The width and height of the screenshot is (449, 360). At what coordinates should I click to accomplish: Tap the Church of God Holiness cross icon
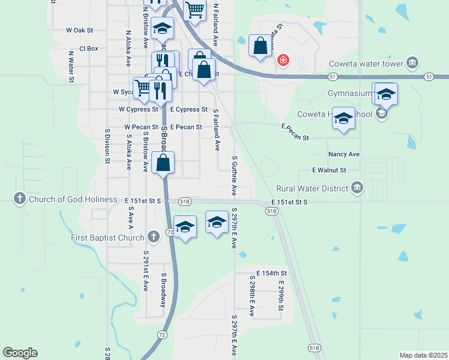tap(19, 199)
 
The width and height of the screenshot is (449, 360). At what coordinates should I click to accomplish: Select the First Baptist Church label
tap(108, 238)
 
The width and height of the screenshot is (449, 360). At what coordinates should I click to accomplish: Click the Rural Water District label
tap(312, 188)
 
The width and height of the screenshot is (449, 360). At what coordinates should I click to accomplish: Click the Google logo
tap(20, 353)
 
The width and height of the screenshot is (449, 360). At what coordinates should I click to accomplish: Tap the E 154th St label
tap(271, 273)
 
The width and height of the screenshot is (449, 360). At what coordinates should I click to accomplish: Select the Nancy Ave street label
tap(344, 154)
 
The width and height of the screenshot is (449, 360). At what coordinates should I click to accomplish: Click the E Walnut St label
tap(330, 170)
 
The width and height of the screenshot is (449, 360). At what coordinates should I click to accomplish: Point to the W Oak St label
tap(80, 30)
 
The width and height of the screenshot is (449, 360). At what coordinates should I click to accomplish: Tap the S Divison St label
tap(107, 146)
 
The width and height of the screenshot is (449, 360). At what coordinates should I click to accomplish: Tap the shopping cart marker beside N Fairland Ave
tap(194, 10)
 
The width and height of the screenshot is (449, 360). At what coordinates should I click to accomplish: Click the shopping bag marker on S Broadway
tap(163, 163)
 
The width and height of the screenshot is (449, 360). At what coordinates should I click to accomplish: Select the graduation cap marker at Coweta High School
tap(344, 118)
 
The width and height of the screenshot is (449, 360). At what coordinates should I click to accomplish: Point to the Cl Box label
tap(88, 49)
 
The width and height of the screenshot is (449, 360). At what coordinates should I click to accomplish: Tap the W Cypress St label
tap(138, 110)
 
